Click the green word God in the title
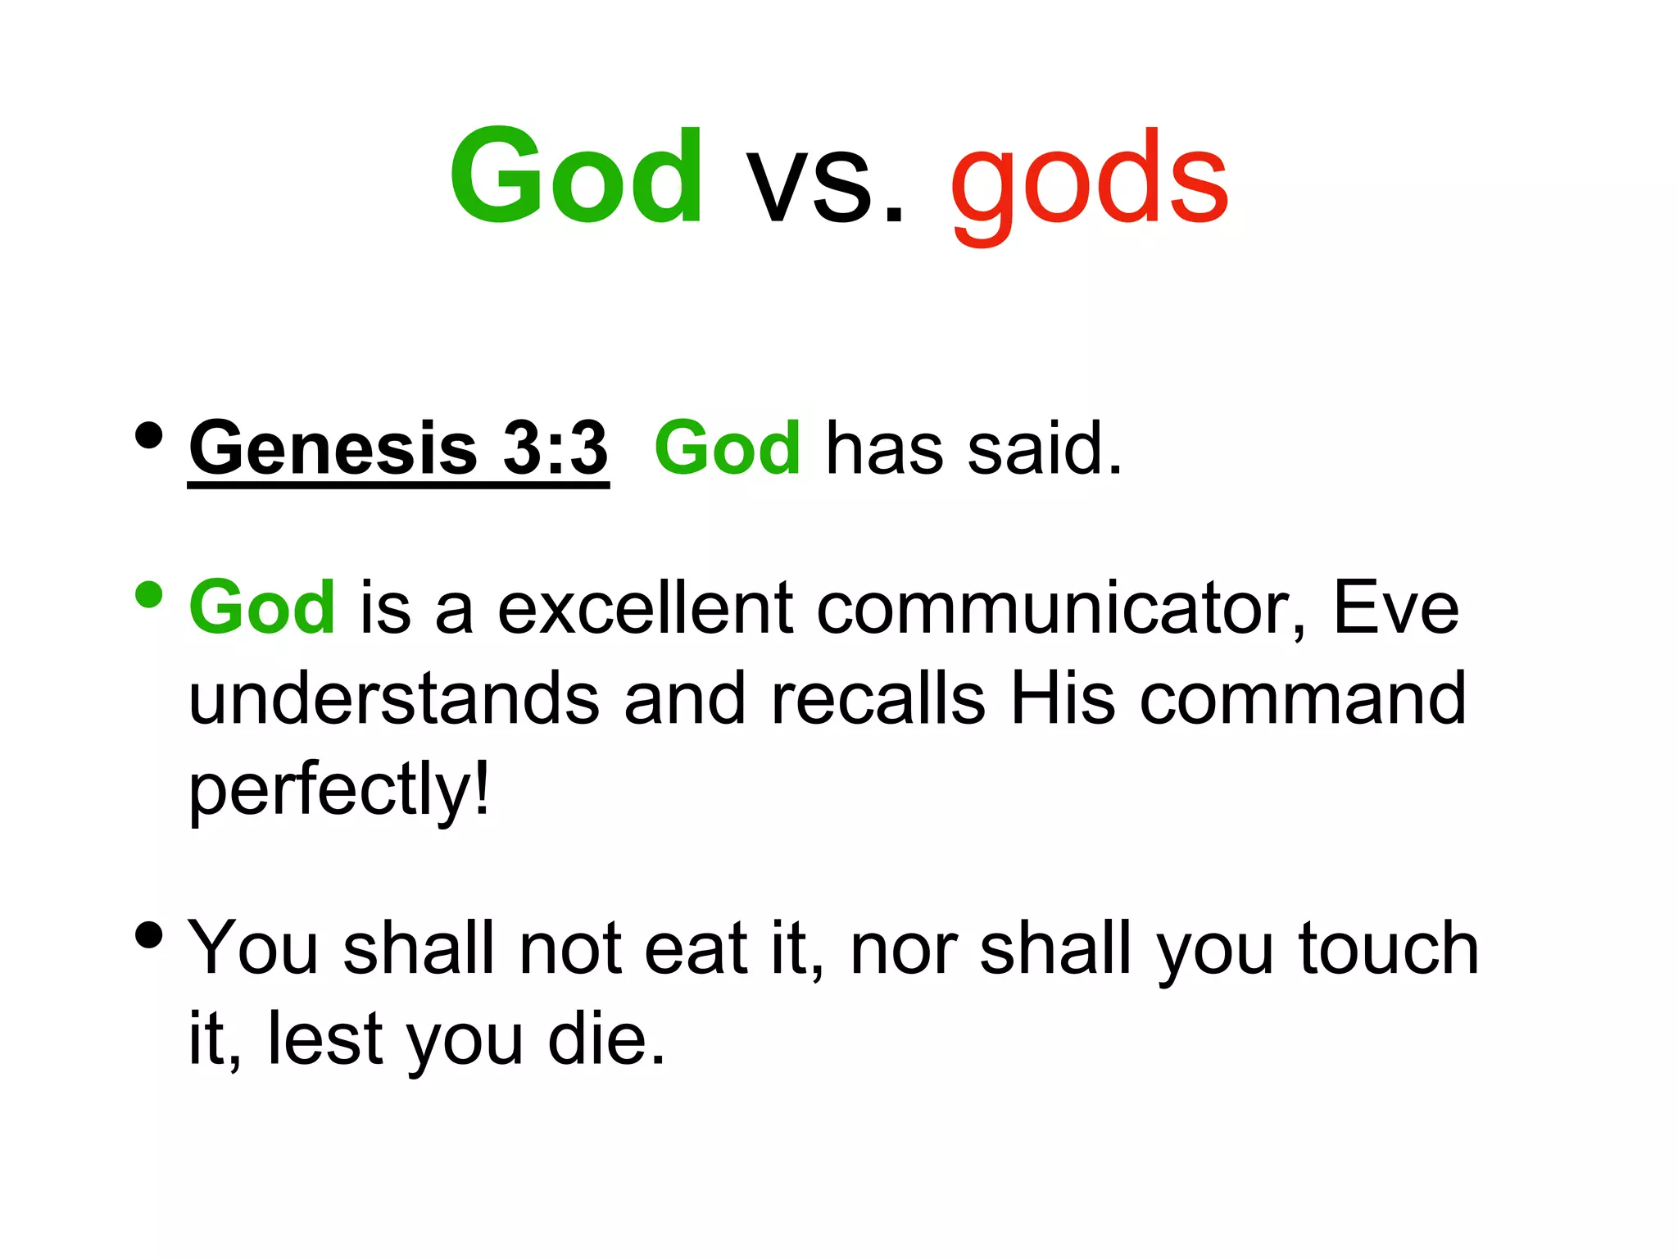[576, 176]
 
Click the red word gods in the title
[1089, 180]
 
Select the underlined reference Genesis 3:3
[398, 449]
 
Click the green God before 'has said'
[728, 449]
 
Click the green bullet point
[149, 595]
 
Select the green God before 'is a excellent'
[262, 608]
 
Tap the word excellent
[645, 608]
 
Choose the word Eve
[1396, 608]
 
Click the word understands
[394, 698]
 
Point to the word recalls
[878, 698]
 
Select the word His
[1063, 698]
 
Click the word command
[1303, 698]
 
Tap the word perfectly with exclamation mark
[339, 789]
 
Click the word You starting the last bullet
[252, 948]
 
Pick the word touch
[1388, 948]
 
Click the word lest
[325, 1039]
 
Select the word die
[605, 1039]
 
